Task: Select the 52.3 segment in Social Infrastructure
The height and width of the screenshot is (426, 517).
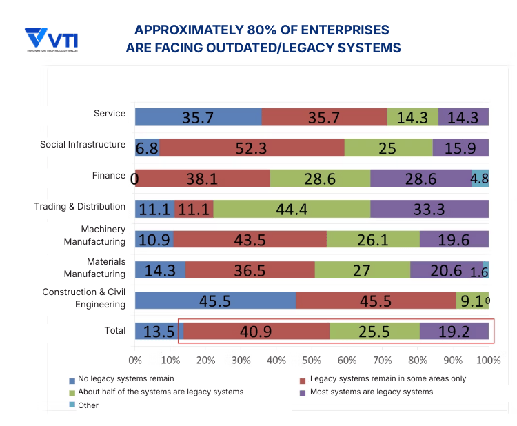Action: tap(252, 148)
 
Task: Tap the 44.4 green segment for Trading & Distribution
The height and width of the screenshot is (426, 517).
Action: tap(292, 209)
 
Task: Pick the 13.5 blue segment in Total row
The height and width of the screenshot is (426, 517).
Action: tap(159, 332)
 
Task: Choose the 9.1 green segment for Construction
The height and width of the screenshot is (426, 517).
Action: tap(472, 301)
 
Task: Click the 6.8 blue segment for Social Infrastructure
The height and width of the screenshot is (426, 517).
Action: tap(148, 148)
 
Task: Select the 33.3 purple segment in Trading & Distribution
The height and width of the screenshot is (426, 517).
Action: tap(429, 209)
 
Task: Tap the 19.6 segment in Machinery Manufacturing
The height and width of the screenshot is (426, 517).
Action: tap(454, 239)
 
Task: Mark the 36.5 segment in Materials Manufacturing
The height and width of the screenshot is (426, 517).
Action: tap(250, 270)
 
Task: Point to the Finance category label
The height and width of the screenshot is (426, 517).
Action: tap(109, 176)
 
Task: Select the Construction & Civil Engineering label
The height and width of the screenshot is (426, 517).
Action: tap(83, 298)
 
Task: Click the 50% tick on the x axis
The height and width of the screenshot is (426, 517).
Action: tap(312, 360)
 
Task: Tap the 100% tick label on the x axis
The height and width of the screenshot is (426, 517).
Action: tap(488, 360)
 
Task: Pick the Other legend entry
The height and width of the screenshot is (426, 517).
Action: tap(88, 405)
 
